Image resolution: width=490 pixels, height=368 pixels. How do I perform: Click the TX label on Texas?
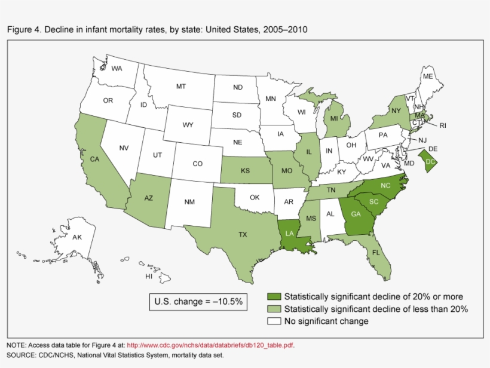(x=243, y=235)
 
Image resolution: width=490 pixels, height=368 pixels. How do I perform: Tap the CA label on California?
(x=94, y=160)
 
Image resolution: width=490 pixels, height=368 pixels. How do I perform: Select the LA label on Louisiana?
(x=289, y=233)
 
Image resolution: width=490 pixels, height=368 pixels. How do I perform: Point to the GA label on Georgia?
(x=356, y=214)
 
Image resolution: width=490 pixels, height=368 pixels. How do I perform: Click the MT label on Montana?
(x=181, y=87)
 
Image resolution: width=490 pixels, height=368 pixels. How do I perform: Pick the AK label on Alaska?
(x=77, y=237)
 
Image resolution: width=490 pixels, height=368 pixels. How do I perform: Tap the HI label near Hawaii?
(x=149, y=277)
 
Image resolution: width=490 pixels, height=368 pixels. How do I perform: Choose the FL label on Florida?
(x=376, y=253)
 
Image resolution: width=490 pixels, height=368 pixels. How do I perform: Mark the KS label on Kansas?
(x=245, y=171)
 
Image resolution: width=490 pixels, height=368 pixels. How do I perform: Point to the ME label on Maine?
(x=427, y=76)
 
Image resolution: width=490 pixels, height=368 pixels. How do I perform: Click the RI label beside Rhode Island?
(x=443, y=126)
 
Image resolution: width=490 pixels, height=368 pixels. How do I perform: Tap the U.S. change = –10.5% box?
(x=198, y=302)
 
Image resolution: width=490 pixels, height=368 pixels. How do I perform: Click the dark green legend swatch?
(x=274, y=296)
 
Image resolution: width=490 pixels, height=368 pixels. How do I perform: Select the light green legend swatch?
(x=274, y=309)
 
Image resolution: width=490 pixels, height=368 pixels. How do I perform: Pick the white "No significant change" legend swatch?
(x=274, y=321)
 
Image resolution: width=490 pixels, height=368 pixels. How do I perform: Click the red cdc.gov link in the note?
(x=210, y=345)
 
